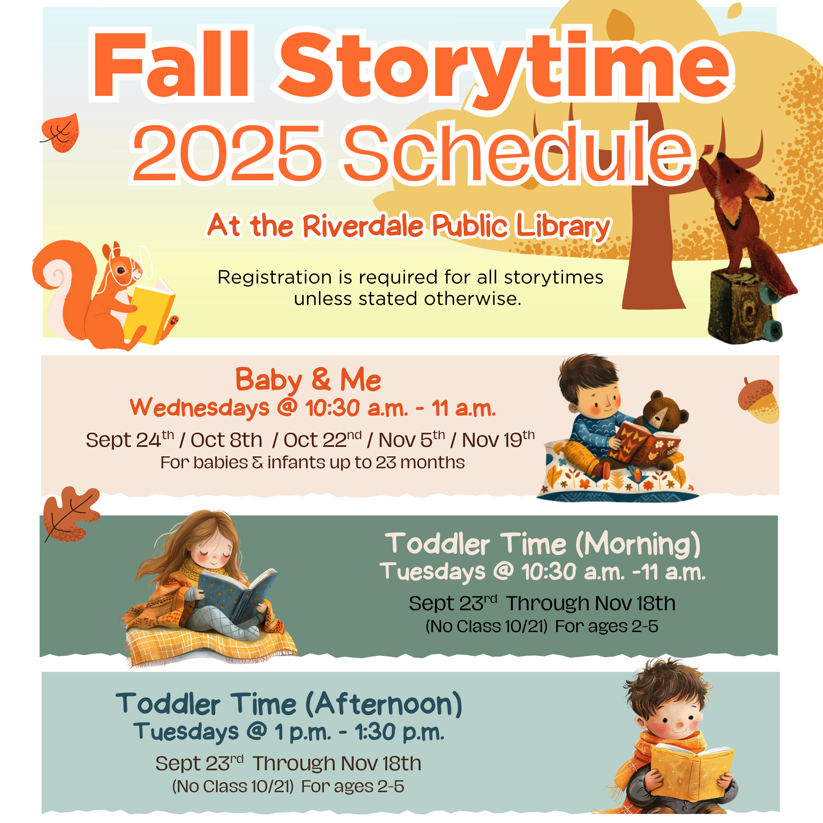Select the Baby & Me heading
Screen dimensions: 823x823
pyautogui.click(x=308, y=379)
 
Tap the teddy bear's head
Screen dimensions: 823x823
pyautogui.click(x=665, y=411)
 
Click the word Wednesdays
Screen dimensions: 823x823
pyautogui.click(x=199, y=408)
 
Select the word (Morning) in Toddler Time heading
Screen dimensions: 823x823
pyautogui.click(x=638, y=544)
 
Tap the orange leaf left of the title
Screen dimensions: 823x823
pyautogui.click(x=60, y=133)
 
